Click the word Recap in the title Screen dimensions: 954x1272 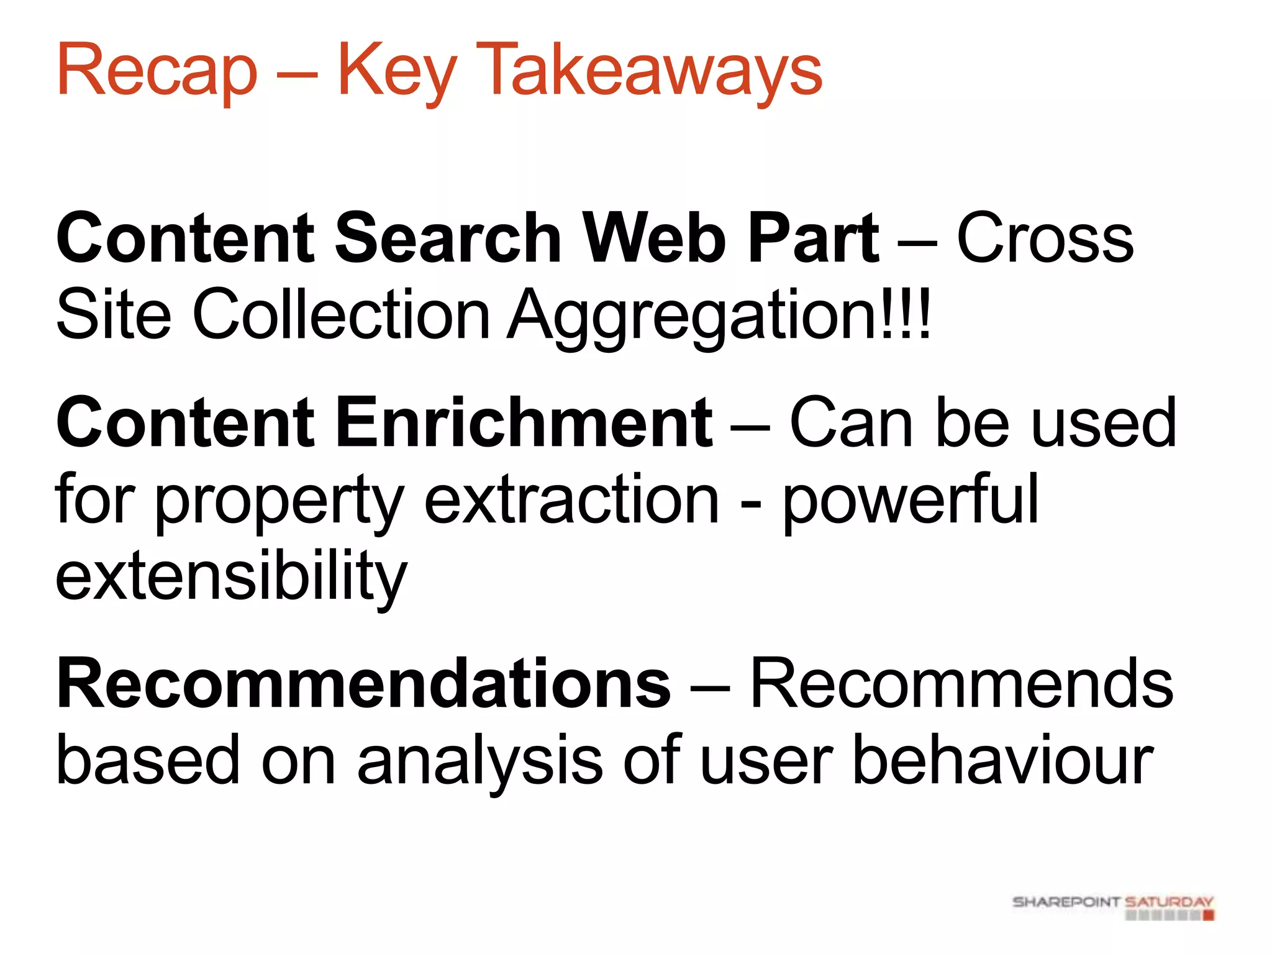(157, 70)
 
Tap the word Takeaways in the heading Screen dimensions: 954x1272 (649, 70)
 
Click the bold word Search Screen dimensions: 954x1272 (448, 238)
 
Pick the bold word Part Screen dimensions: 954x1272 (814, 238)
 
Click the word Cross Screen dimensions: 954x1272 (1045, 238)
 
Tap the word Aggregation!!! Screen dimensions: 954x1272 (719, 316)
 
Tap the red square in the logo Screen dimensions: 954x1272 (1209, 915)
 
